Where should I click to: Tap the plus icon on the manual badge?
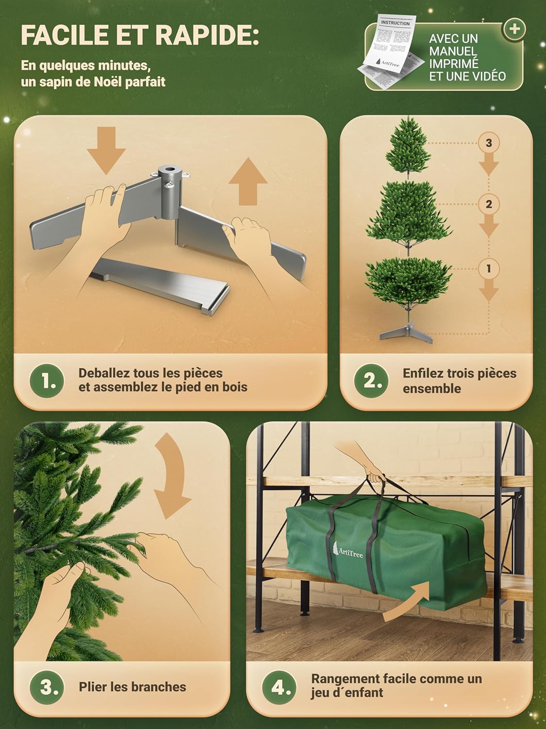pyautogui.click(x=514, y=29)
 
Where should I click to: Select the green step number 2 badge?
pyautogui.click(x=372, y=381)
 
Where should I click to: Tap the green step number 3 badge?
pyautogui.click(x=47, y=687)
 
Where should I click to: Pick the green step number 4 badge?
pyautogui.click(x=279, y=687)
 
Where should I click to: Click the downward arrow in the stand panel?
pyautogui.click(x=106, y=149)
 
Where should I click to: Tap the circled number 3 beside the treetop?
pyautogui.click(x=488, y=143)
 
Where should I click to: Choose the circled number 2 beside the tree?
pyautogui.click(x=488, y=204)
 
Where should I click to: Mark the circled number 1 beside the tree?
pyautogui.click(x=488, y=268)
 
